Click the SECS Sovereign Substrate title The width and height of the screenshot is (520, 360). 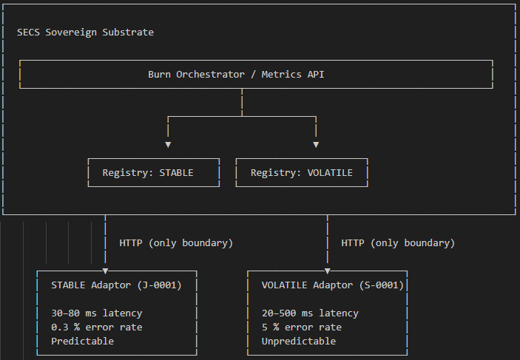(x=85, y=33)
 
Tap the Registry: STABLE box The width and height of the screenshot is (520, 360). (x=154, y=173)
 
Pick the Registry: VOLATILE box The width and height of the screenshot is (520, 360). (x=302, y=173)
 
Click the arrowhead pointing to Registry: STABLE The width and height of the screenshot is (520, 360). (x=168, y=144)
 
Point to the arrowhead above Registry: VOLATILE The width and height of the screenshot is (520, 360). (x=316, y=144)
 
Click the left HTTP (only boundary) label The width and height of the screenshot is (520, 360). (x=176, y=243)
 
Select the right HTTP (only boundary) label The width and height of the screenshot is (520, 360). (x=398, y=243)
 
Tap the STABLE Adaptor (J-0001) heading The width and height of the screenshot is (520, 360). (x=116, y=285)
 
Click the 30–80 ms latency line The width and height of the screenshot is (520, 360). (x=96, y=313)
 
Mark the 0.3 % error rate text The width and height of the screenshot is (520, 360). (x=96, y=327)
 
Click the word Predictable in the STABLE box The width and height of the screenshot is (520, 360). (x=82, y=342)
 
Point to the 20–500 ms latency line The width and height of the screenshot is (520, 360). (x=310, y=313)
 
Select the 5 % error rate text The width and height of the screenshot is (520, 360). (x=301, y=327)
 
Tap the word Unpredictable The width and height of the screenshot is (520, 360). (x=298, y=342)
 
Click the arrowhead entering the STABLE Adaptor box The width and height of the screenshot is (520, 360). (x=105, y=271)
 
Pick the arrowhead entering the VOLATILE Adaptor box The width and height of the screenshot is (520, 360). (x=327, y=271)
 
